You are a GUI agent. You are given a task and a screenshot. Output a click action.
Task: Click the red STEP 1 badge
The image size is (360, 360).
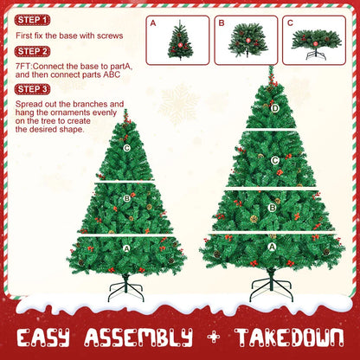[x=33, y=19]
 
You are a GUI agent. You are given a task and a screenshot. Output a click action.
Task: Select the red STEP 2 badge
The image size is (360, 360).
[x=33, y=51]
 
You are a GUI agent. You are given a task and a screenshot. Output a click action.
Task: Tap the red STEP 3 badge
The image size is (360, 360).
[x=33, y=88]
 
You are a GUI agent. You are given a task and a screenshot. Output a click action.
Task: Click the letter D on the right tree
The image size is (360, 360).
[x=274, y=108]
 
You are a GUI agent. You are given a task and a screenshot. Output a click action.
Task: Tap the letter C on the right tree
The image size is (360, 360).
[x=274, y=159]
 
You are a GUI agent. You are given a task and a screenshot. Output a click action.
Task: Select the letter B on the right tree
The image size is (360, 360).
[x=273, y=208]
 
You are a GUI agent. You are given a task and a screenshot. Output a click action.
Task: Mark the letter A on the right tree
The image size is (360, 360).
[x=273, y=247]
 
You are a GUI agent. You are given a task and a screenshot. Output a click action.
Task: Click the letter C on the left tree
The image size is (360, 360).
[x=126, y=148]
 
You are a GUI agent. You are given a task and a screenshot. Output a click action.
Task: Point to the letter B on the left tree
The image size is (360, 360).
[x=126, y=198]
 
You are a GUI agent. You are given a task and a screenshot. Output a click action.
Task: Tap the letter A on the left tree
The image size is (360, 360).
[x=126, y=247]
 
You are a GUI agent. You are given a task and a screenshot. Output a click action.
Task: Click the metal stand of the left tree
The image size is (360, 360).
[x=125, y=288]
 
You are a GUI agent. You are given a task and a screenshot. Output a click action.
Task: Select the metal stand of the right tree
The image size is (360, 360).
[x=272, y=285]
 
